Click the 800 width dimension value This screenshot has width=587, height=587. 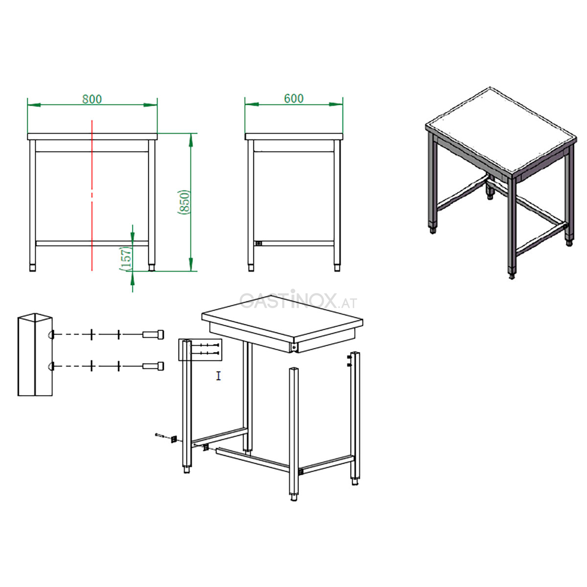[x=92, y=99]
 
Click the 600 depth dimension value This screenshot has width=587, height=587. [x=293, y=98]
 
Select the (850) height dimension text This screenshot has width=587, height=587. [x=184, y=202]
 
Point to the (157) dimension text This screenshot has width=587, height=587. [x=126, y=259]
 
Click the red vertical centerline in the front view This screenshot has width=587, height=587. [x=92, y=195]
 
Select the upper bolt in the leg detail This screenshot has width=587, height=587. [x=153, y=335]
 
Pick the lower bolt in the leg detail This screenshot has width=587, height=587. [x=153, y=366]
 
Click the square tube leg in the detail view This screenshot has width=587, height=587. [x=35, y=354]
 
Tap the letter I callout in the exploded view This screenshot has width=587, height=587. [x=218, y=376]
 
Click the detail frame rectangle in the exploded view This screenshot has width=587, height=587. [x=200, y=350]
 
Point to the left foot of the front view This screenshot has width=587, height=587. [x=32, y=268]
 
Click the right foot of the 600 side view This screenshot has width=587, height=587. [x=337, y=268]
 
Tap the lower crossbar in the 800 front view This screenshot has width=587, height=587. [x=92, y=244]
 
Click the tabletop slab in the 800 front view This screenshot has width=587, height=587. [x=92, y=136]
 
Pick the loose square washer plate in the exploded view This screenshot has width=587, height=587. [x=174, y=439]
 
